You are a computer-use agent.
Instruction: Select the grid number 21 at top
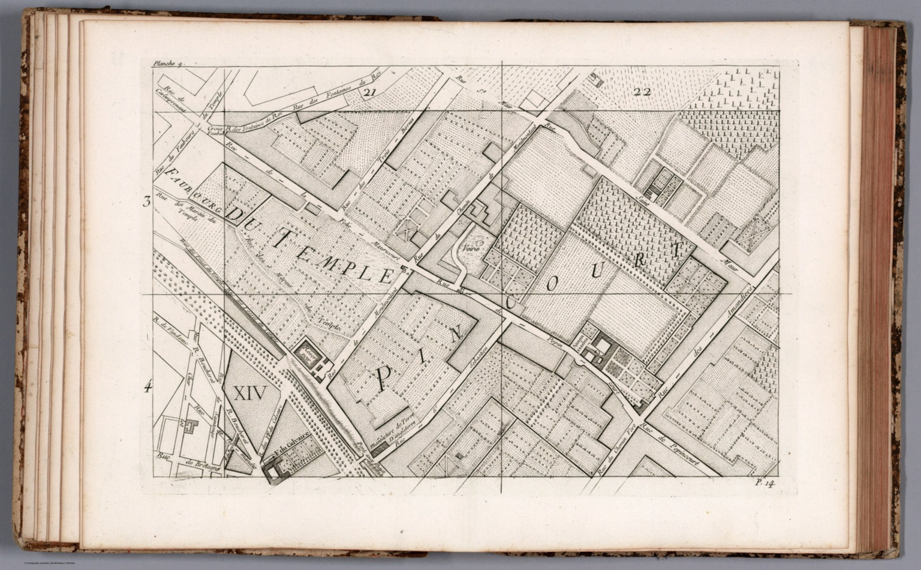click(x=369, y=92)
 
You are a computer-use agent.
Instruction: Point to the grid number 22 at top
click(x=641, y=92)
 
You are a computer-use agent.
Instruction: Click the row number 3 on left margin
click(x=146, y=202)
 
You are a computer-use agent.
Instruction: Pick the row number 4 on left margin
click(x=147, y=387)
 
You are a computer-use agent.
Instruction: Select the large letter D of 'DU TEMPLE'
click(x=239, y=215)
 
